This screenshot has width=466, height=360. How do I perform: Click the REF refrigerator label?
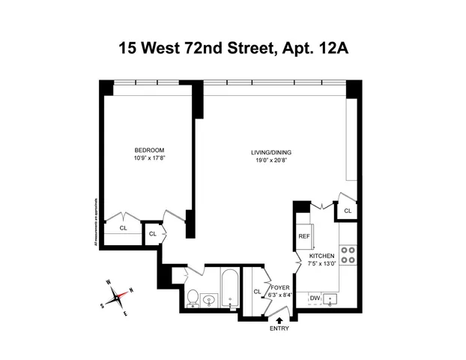(304, 236)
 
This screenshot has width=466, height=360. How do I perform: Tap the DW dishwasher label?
(315, 298)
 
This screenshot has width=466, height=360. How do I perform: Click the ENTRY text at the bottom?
(279, 328)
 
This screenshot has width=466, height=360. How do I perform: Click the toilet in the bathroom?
(192, 298)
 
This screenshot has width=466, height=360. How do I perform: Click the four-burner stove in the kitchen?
(348, 255)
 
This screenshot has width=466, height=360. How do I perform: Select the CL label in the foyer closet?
(257, 292)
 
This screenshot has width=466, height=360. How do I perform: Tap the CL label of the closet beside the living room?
(348, 211)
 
